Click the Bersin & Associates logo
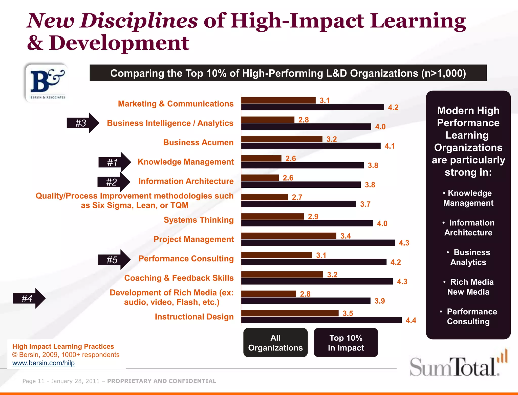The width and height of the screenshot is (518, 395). coord(47,83)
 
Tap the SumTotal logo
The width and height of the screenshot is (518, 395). coord(458,365)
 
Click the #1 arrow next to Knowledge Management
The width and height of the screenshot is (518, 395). coord(114,162)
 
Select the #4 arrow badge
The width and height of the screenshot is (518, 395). coord(29,298)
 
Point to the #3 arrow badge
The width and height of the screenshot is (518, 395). coord(82,123)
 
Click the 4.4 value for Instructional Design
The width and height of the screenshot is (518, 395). coord(411,320)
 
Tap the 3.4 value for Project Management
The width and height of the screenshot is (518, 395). coord(346,236)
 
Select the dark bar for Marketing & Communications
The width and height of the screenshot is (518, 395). coord(312,107)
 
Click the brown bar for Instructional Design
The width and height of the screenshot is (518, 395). coord(290,313)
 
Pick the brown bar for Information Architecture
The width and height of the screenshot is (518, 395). coord(260,178)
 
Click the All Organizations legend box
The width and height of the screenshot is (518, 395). coord(275,343)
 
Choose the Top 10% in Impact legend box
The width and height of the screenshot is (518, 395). coord(346,343)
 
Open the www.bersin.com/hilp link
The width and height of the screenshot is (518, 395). coord(44,363)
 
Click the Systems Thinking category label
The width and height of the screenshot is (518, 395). coord(199,220)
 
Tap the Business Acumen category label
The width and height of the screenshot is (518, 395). coord(198,142)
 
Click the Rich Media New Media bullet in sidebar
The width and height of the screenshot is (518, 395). coord(468,287)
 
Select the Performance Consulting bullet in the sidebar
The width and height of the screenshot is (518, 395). coord(468,317)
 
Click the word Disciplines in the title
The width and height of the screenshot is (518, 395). coord(139,21)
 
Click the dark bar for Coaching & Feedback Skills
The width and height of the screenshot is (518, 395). coord(317,281)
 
